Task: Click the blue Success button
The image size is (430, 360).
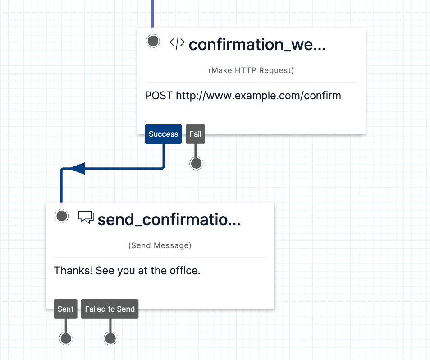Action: pos(163,134)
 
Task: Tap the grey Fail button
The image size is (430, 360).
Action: pos(195,134)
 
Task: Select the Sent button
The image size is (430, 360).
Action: pos(65,309)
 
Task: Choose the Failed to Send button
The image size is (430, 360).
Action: pos(110,309)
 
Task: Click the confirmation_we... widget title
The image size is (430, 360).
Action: pos(257,45)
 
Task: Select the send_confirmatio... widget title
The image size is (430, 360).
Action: pos(169,219)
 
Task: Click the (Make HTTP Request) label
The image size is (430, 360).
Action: pos(251,70)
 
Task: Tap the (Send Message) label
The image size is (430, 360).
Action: pos(160,245)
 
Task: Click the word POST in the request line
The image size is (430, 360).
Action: pos(159,96)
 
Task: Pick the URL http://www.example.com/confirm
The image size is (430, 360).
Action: pos(258,96)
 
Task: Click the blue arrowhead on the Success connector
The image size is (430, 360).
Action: pos(78,169)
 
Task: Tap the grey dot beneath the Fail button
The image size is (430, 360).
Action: pos(196,163)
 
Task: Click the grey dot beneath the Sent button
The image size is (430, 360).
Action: pos(66,338)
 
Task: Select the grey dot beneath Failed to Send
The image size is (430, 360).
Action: pos(110,338)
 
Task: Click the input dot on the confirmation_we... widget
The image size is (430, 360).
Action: pos(153,41)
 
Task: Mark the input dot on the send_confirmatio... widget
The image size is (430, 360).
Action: pos(62,216)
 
